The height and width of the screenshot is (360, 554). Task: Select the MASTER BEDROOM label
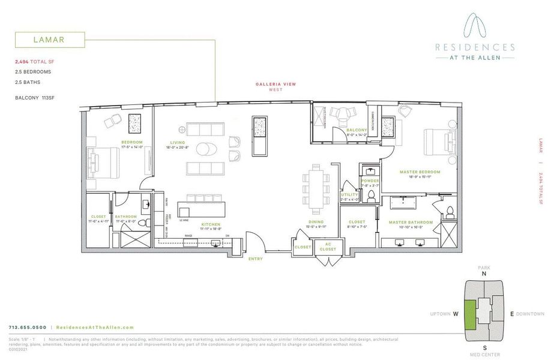420,172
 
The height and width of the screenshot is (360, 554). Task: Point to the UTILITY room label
349,194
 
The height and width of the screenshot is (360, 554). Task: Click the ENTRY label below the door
256,259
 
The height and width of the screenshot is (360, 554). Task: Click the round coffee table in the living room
205,149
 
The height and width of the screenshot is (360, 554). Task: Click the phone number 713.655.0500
28,327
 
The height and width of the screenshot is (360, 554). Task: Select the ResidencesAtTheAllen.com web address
94,327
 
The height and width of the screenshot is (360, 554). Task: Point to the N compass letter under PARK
483,274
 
